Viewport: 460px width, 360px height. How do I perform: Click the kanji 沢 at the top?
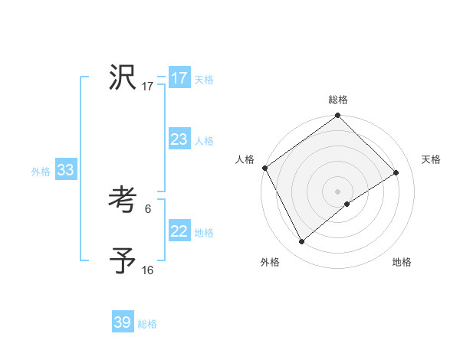click(x=123, y=77)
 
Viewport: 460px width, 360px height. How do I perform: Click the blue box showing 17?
click(x=179, y=78)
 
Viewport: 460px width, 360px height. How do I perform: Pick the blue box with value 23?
click(x=179, y=139)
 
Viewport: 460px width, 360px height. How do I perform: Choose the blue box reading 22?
click(x=179, y=231)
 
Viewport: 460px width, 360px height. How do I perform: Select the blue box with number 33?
click(x=65, y=170)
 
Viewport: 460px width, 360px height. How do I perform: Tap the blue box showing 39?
click(x=123, y=322)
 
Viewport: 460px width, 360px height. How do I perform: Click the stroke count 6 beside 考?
click(x=147, y=208)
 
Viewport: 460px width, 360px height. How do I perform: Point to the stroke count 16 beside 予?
click(x=147, y=270)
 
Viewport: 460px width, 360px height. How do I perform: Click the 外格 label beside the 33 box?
click(x=41, y=172)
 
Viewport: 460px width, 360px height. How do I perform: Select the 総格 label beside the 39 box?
click(x=147, y=324)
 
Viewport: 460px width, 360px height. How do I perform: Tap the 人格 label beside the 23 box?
click(x=204, y=141)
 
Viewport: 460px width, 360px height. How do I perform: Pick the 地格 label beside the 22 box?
click(x=204, y=233)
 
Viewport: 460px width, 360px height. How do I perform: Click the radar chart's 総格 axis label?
click(x=337, y=100)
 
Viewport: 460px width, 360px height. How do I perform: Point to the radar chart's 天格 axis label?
click(x=431, y=159)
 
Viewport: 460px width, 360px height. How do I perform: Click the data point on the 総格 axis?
click(x=337, y=116)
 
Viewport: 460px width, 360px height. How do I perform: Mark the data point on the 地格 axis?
click(x=347, y=204)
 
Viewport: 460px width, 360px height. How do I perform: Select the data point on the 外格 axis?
click(x=302, y=242)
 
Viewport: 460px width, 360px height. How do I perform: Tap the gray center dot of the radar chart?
click(x=337, y=191)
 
